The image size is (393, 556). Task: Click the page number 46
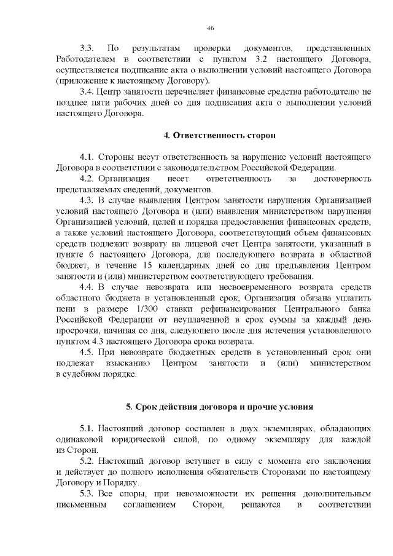211,28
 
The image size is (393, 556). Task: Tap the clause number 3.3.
87,47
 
